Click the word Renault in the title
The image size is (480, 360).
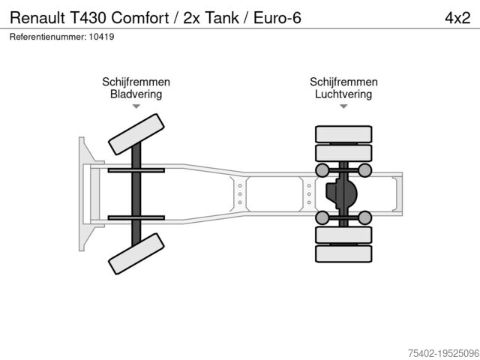37,17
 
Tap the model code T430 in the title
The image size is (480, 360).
88,17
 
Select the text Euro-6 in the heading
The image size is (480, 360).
277,17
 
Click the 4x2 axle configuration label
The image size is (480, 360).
457,18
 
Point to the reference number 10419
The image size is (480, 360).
102,37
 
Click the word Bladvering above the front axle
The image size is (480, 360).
136,94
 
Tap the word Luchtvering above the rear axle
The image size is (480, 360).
343,94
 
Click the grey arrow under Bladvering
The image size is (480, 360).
136,106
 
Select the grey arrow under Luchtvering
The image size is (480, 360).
343,106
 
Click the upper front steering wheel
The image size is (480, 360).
136,134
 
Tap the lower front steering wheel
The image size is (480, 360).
136,253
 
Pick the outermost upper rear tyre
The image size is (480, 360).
343,134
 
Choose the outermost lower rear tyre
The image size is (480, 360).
343,253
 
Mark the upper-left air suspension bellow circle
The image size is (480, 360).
322,170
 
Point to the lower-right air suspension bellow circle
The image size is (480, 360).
365,217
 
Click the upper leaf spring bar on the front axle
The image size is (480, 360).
136,170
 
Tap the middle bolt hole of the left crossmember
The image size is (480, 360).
240,194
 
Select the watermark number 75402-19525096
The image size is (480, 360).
443,353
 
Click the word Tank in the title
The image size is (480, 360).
222,17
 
